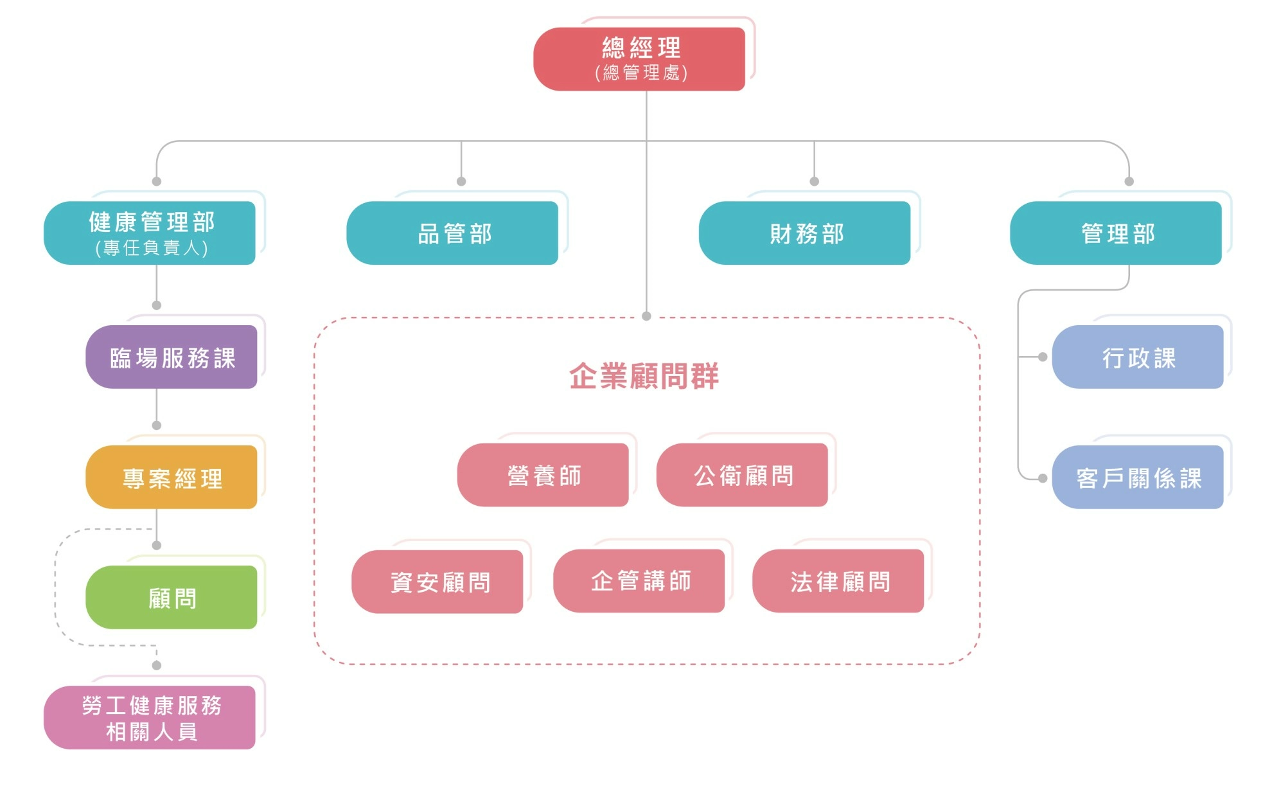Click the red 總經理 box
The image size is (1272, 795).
pos(639,58)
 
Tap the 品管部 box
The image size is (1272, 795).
pos(452,233)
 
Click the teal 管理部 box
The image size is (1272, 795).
pos(1116,233)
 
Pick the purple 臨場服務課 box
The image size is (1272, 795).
pos(172,357)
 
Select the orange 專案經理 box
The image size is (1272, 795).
pos(172,477)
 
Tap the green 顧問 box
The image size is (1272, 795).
pos(172,597)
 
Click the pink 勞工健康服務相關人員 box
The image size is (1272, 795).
pos(150,717)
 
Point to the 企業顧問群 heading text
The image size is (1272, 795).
pos(644,376)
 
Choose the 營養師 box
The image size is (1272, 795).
pos(543,475)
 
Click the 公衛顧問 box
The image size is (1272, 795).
pos(742,475)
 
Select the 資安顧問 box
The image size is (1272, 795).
pos(437,582)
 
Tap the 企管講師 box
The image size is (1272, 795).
pos(639,580)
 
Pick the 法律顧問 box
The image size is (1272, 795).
pos(838,581)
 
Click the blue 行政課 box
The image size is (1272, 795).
pos(1138,357)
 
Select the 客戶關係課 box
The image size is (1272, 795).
pos(1138,477)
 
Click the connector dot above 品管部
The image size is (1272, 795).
pos(461,181)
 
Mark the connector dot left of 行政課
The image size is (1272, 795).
pos(1043,357)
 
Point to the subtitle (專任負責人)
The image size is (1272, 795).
pos(152,248)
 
